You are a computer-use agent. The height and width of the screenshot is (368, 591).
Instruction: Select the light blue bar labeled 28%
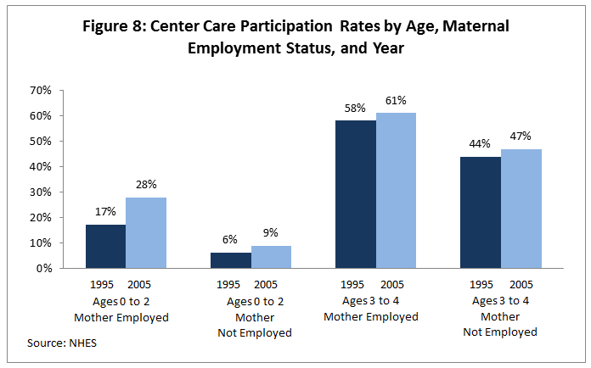[x=146, y=232]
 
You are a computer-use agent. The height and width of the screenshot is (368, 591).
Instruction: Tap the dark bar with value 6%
[x=230, y=260]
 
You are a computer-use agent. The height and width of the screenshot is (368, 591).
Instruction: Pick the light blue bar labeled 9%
[x=271, y=257]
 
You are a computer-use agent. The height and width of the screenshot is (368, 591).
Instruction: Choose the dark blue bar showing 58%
[x=355, y=194]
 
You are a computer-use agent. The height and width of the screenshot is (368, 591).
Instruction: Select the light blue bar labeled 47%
[x=521, y=209]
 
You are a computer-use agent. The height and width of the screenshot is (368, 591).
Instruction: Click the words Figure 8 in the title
[x=116, y=26]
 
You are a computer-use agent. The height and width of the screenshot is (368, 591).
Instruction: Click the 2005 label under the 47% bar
[x=521, y=285]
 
